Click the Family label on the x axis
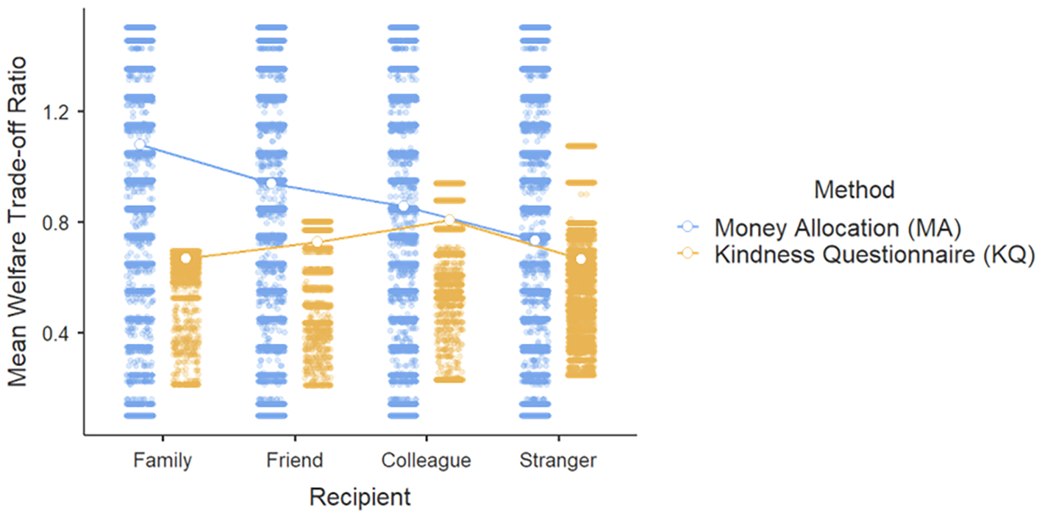coord(163,461)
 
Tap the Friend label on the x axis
coord(294,460)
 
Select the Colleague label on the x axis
coord(426,461)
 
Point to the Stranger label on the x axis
coord(557,461)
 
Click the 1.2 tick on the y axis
coord(57,112)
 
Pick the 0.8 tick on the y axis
coord(57,222)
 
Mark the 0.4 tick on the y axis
coord(57,333)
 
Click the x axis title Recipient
coord(360,497)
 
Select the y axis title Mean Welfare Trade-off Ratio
coord(17,222)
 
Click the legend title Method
coord(854,190)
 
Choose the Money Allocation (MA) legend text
coord(838,228)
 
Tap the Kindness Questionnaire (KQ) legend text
coord(874,254)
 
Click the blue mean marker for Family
coord(140,144)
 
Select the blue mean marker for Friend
coord(271,183)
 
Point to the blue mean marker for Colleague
coord(403,206)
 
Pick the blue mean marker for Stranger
coord(535,240)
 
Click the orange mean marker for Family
coord(185,258)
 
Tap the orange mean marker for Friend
coord(317,242)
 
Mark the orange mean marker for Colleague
coord(449,220)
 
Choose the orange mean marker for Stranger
coord(580,259)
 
